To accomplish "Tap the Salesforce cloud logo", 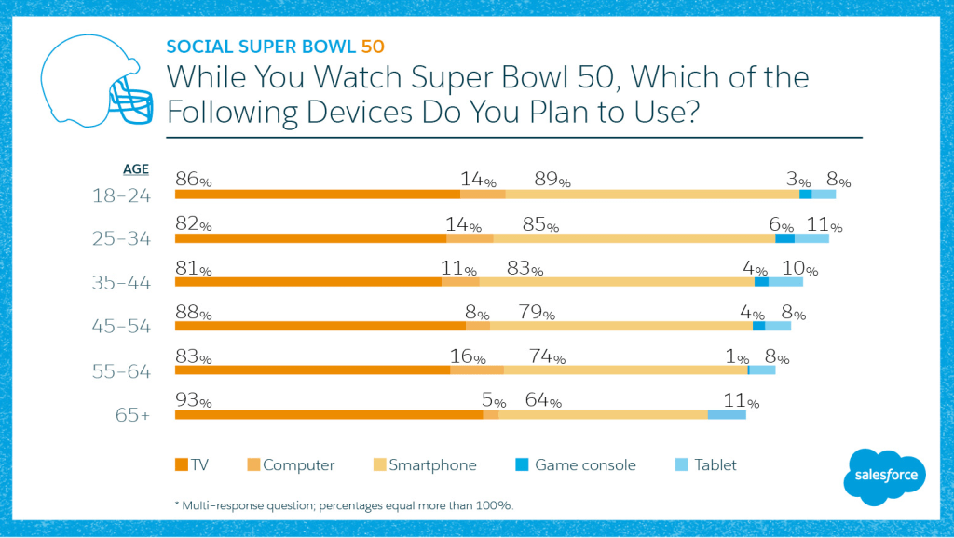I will pyautogui.click(x=886, y=476).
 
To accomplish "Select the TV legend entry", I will pyautogui.click(x=191, y=464).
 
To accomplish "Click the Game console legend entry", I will pyautogui.click(x=575, y=464).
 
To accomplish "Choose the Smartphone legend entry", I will pyautogui.click(x=424, y=464).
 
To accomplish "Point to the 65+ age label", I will pyautogui.click(x=132, y=414).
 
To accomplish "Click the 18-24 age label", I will pyautogui.click(x=121, y=195).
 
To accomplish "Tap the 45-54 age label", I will pyautogui.click(x=121, y=327).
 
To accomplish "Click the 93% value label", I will pyautogui.click(x=194, y=400).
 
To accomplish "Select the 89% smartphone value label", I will pyautogui.click(x=552, y=181).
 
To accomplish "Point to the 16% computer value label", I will pyautogui.click(x=467, y=356).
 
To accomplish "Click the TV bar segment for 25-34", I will pyautogui.click(x=311, y=238).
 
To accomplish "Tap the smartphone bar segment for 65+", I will pyautogui.click(x=603, y=414).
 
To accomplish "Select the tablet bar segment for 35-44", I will pyautogui.click(x=785, y=282).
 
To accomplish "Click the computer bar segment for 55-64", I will pyautogui.click(x=477, y=370).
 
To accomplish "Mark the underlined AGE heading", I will pyautogui.click(x=136, y=168).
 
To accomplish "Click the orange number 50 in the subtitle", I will pyautogui.click(x=372, y=46).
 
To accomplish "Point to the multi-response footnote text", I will pyautogui.click(x=344, y=505).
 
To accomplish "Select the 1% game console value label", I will pyautogui.click(x=737, y=356).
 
